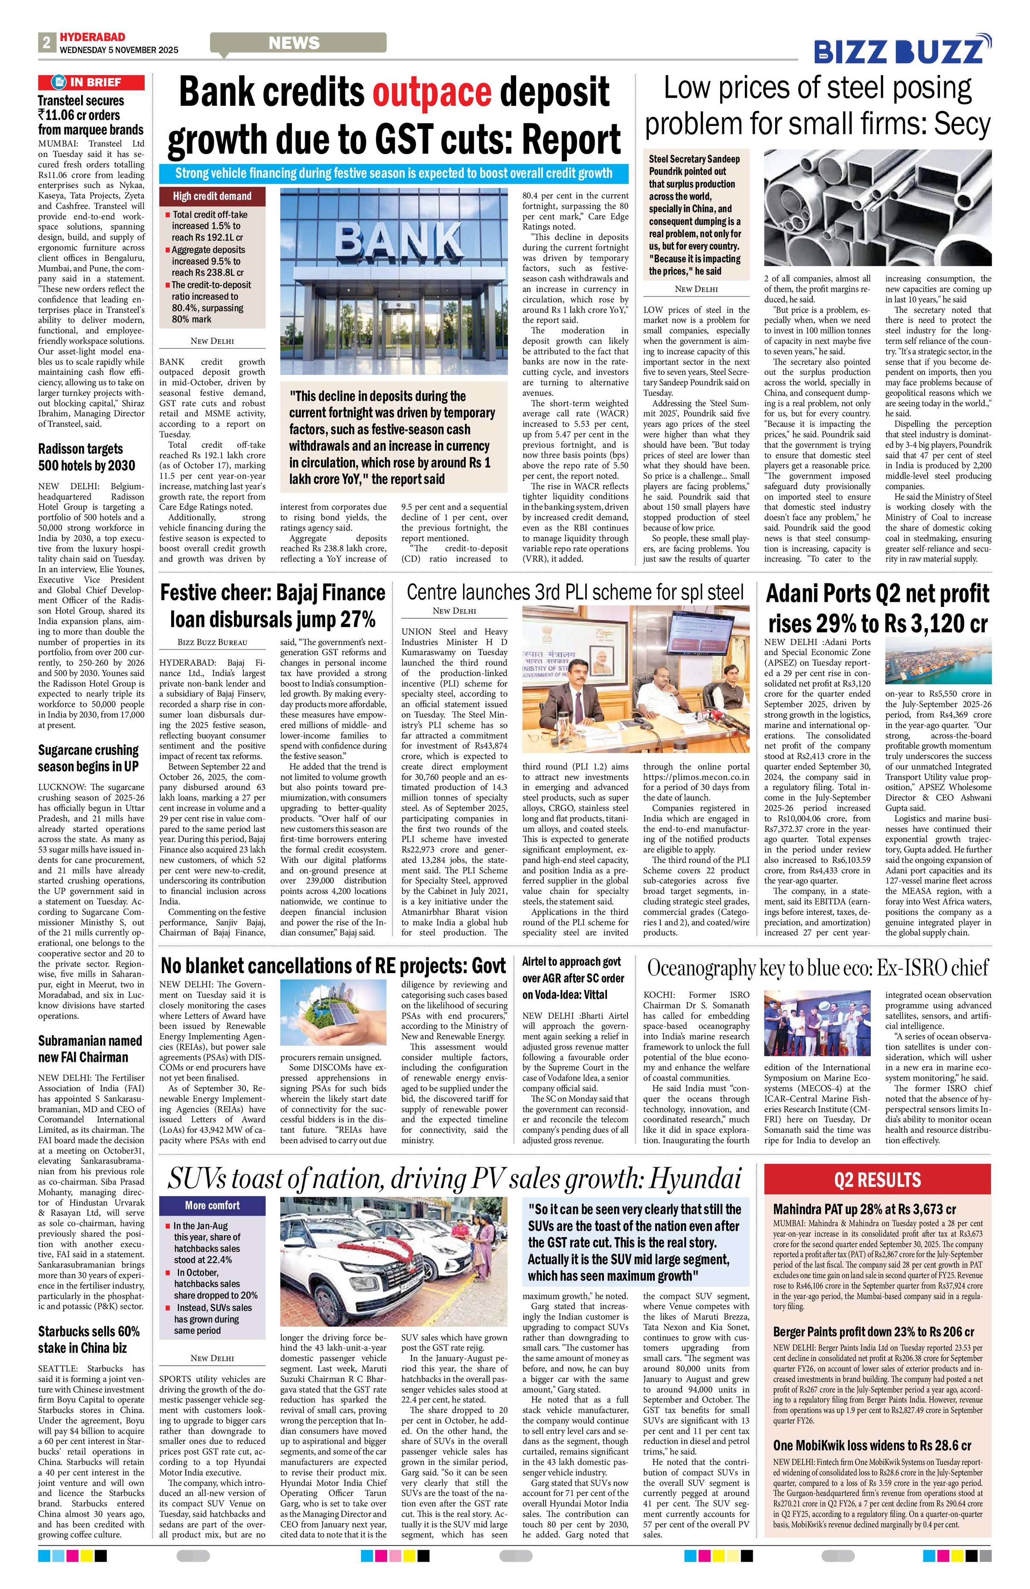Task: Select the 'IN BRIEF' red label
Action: [x=91, y=82]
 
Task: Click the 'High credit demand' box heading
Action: [x=212, y=195]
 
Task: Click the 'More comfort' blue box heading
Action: [x=212, y=1205]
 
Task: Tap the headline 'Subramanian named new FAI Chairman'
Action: [x=90, y=1048]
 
